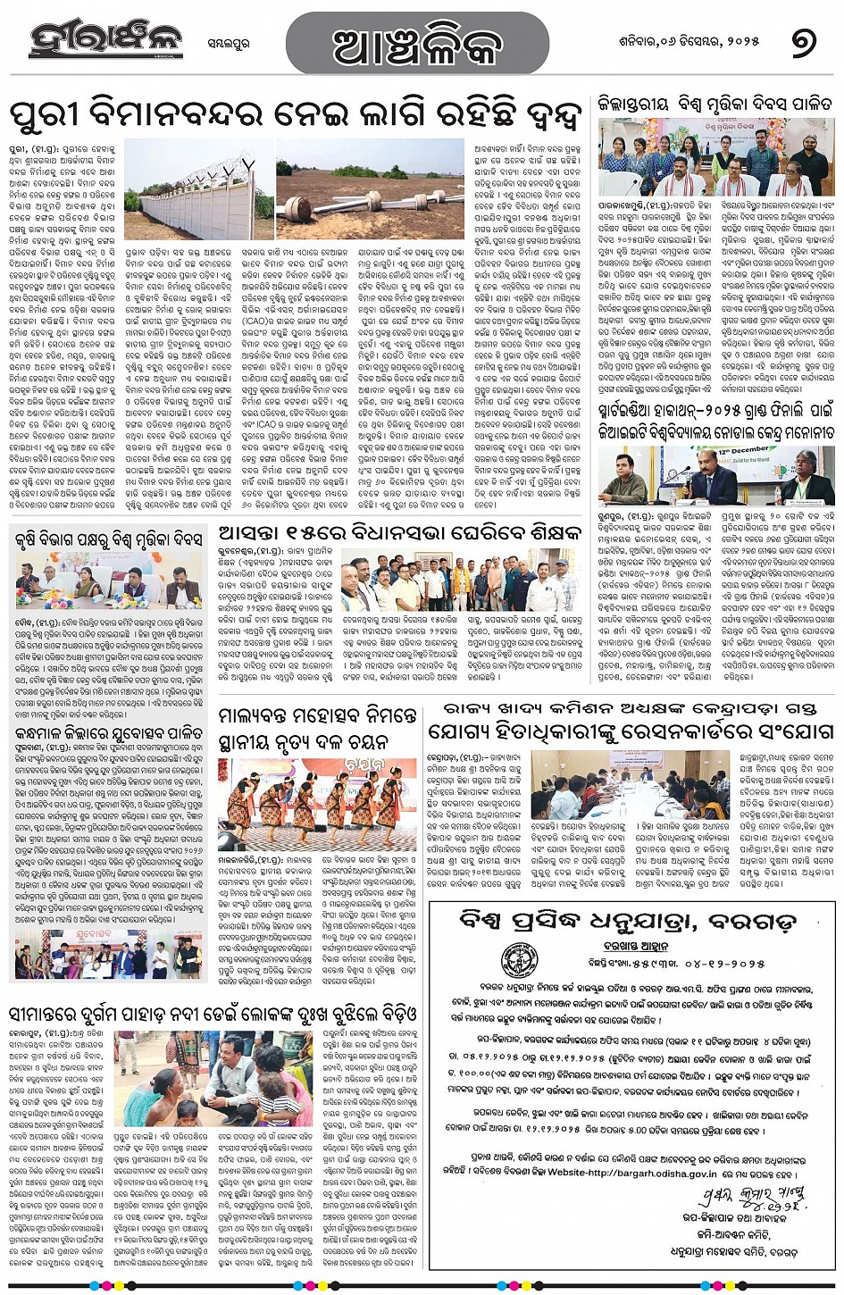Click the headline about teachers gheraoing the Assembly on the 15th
pyautogui.click(x=399, y=535)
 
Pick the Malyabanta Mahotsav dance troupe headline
pyautogui.click(x=317, y=729)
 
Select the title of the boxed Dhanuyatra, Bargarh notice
pyautogui.click(x=632, y=921)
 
